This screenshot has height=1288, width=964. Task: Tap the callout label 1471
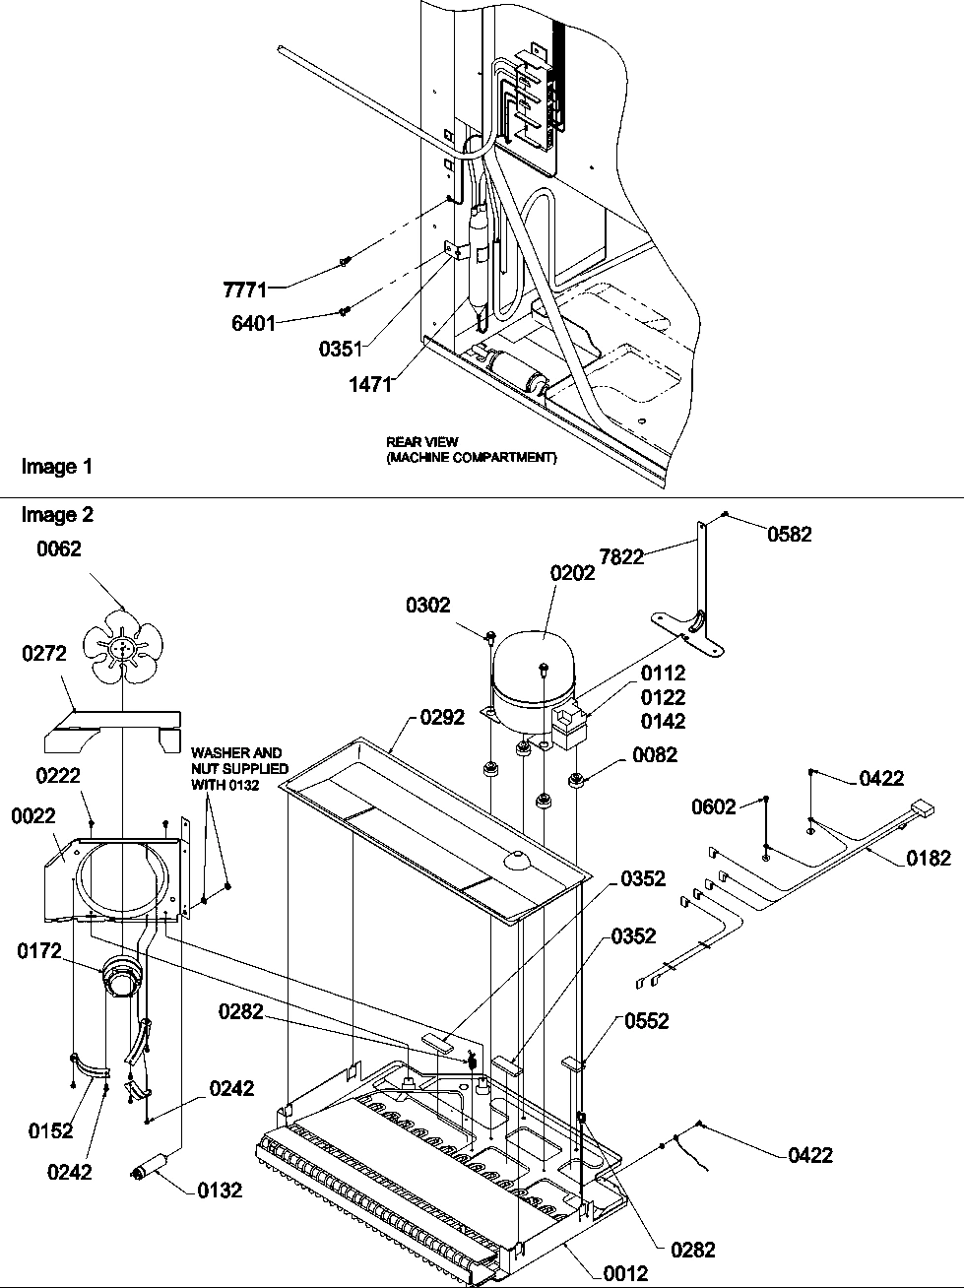click(x=369, y=384)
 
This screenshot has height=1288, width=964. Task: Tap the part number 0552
click(x=645, y=1021)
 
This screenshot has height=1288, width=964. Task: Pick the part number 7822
click(x=622, y=556)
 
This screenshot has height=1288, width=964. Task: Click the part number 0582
click(x=791, y=535)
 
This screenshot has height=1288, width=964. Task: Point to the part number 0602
click(x=714, y=806)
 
